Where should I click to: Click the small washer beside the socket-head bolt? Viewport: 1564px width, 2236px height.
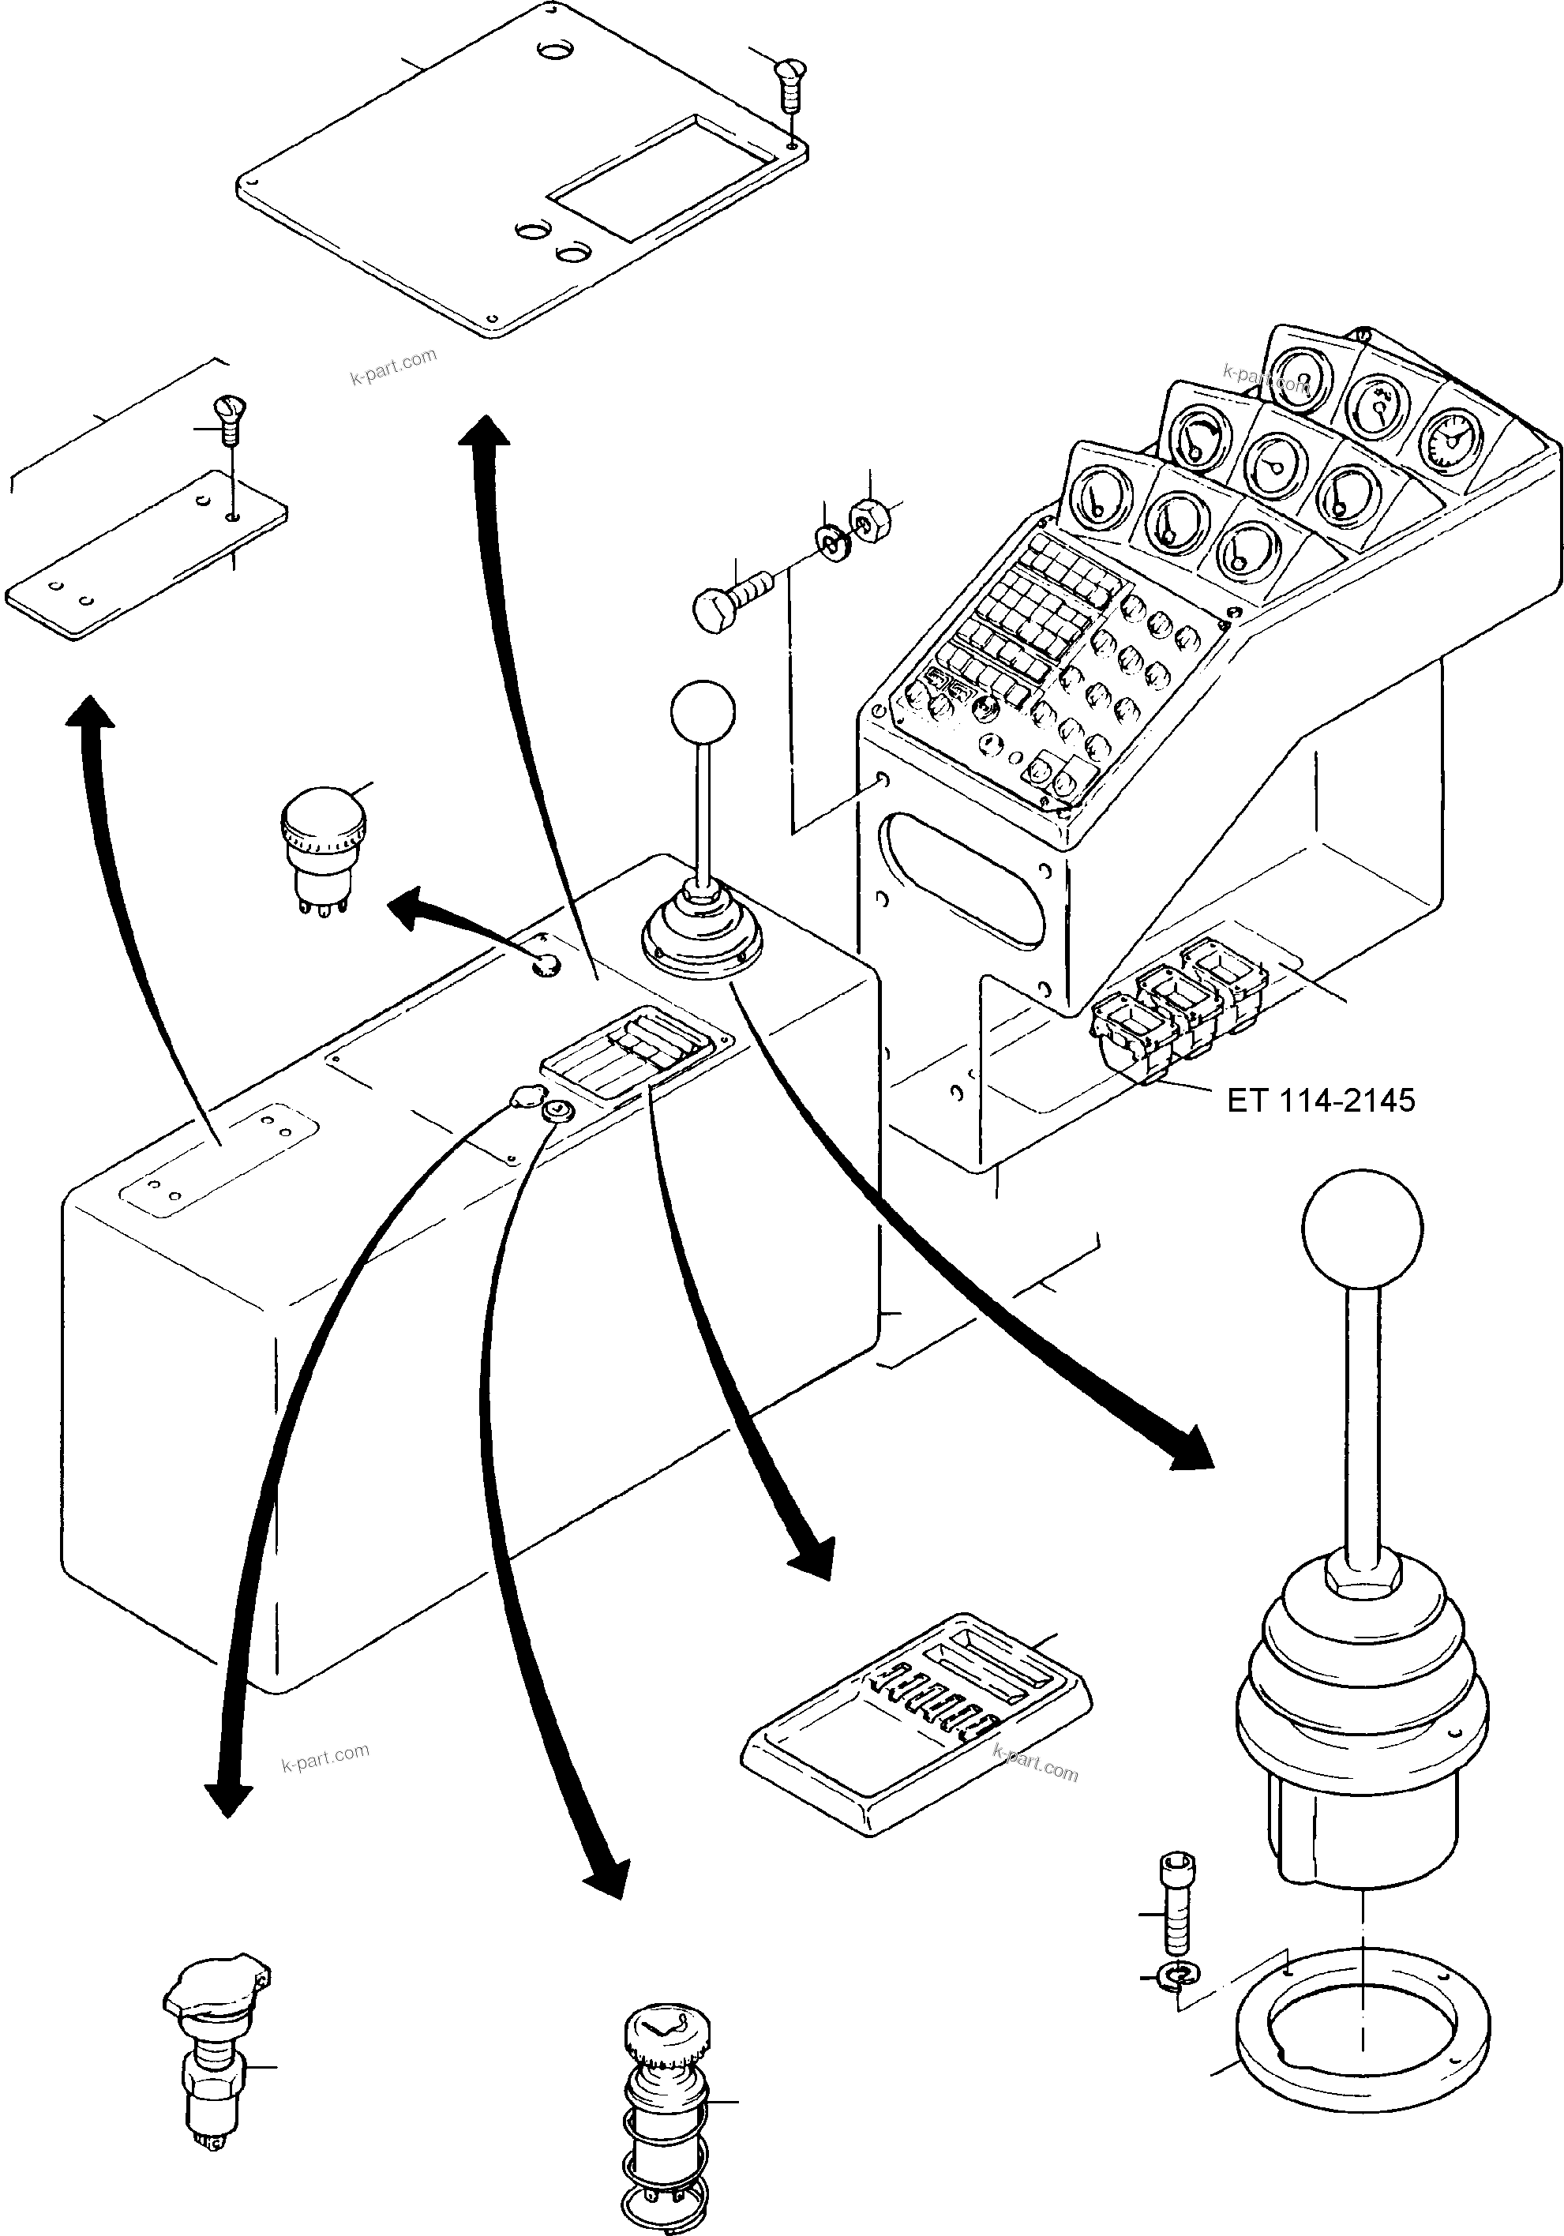[x=1180, y=1975]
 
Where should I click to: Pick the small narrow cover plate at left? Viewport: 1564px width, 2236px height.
[x=146, y=555]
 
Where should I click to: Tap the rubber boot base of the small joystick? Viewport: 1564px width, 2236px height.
[x=700, y=935]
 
